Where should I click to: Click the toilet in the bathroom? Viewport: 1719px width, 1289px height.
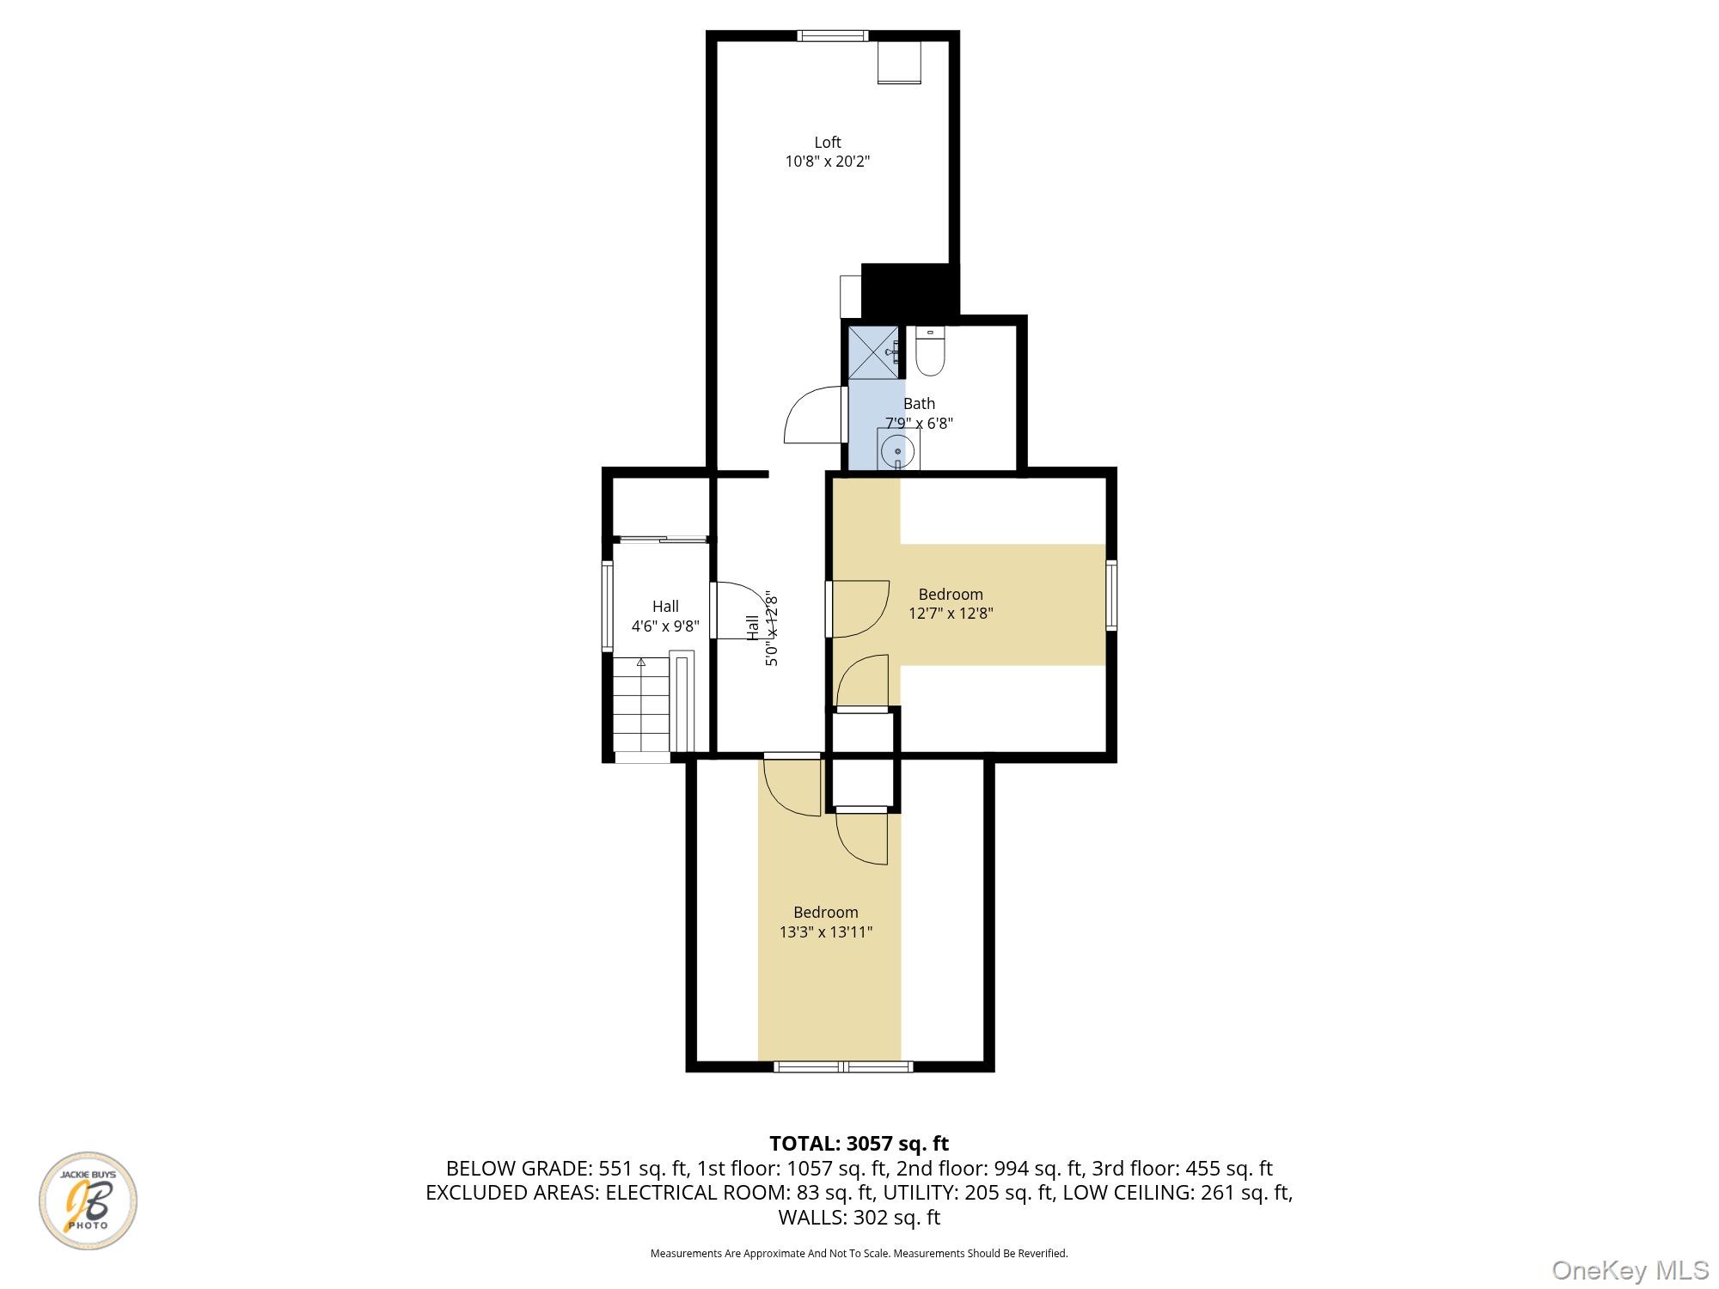tap(929, 351)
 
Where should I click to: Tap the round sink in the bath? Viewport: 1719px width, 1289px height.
tap(898, 449)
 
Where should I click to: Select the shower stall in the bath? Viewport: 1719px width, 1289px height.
tap(874, 352)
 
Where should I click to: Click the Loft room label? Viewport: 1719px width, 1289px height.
tap(828, 143)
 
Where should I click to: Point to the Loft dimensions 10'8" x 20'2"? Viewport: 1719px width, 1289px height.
tap(828, 162)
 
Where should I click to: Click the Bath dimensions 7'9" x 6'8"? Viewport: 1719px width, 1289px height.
tap(919, 423)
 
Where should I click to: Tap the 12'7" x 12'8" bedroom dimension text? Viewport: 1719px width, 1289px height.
tap(951, 614)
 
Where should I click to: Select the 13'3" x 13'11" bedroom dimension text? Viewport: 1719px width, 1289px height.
tap(826, 932)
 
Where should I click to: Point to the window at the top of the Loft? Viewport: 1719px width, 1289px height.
tap(833, 35)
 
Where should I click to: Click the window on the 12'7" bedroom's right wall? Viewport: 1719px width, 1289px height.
tap(1111, 595)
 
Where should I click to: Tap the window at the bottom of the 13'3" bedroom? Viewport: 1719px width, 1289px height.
tap(843, 1066)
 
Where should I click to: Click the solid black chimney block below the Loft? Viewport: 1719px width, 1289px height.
tap(909, 290)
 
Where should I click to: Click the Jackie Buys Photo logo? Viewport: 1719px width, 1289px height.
tap(89, 1200)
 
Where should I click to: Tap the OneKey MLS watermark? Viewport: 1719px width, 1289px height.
tap(1630, 1269)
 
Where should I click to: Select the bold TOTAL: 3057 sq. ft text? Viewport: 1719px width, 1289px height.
tap(859, 1144)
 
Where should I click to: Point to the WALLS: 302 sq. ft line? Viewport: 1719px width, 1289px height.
tap(859, 1217)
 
